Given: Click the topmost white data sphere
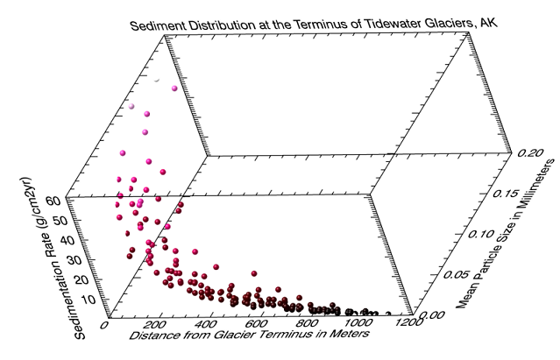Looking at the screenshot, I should (x=156, y=80).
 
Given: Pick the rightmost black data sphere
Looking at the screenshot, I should (x=389, y=312).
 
